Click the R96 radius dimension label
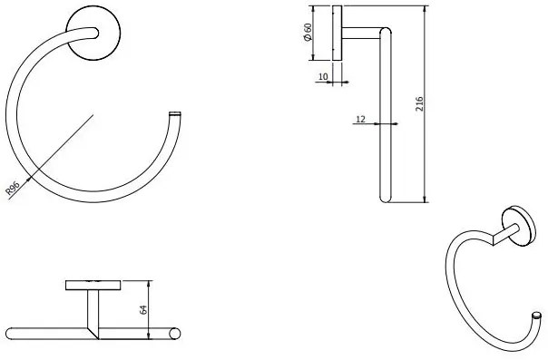click(x=13, y=189)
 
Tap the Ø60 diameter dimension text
click(x=308, y=34)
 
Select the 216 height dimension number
click(x=419, y=106)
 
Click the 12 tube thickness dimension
click(x=361, y=118)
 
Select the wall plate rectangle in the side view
click(x=338, y=34)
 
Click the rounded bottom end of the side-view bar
click(x=384, y=197)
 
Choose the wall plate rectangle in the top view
click(x=93, y=285)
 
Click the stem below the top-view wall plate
click(x=93, y=308)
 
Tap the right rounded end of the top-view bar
click(x=175, y=333)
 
